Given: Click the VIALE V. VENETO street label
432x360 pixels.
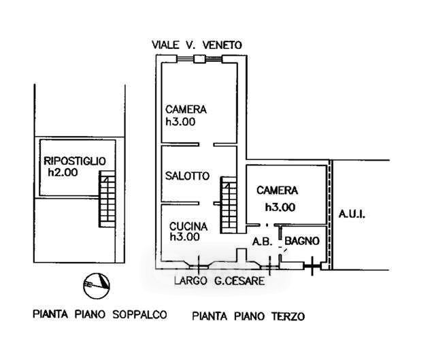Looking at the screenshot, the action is click(x=197, y=45).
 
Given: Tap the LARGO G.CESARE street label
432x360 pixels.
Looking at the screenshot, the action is click(x=219, y=281).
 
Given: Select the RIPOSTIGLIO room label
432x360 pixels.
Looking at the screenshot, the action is click(x=75, y=161).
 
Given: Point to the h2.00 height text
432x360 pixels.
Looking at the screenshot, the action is click(x=63, y=173).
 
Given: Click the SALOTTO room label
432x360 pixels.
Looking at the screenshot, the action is click(x=187, y=176).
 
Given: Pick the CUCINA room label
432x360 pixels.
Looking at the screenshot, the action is click(x=188, y=227).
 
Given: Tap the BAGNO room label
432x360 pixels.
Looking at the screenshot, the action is click(x=302, y=241).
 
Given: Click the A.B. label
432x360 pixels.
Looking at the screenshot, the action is click(x=263, y=242).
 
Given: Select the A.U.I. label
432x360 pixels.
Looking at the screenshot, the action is click(x=352, y=214).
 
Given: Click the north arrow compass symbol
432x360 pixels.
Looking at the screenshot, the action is click(x=97, y=286).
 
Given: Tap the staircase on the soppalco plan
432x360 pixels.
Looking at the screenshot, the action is click(x=107, y=199).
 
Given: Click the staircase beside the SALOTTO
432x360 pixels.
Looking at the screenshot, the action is click(x=229, y=205).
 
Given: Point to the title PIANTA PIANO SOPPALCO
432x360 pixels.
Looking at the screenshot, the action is click(x=100, y=314).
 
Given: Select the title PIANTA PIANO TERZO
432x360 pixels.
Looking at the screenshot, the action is click(x=248, y=316).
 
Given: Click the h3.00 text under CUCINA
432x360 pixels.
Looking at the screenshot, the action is click(x=184, y=237).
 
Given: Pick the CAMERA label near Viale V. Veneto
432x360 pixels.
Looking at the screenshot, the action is click(x=186, y=110).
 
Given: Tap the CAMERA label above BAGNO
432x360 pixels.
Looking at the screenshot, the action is click(x=277, y=191).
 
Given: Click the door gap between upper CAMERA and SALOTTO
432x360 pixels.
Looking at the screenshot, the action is click(x=206, y=144).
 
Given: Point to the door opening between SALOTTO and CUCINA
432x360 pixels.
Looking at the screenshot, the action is click(x=206, y=203).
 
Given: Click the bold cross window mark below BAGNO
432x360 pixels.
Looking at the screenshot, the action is click(x=312, y=266).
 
